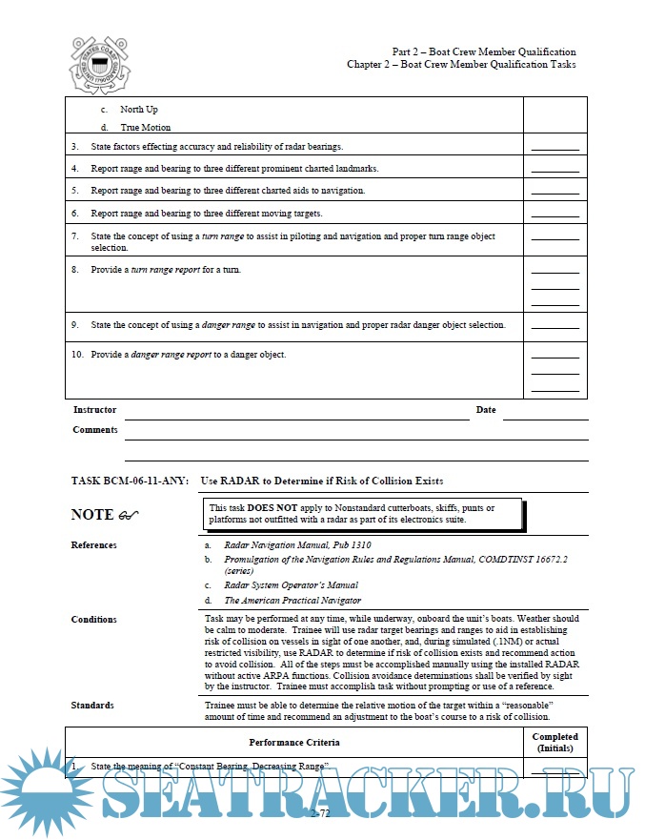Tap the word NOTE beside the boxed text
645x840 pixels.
click(93, 515)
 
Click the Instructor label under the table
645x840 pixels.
click(94, 410)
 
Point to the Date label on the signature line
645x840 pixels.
click(486, 410)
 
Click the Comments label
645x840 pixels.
click(95, 430)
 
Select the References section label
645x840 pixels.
click(94, 545)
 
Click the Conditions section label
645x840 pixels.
click(93, 620)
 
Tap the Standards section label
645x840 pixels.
click(91, 706)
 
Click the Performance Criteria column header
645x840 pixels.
click(294, 741)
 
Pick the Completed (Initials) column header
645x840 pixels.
click(554, 742)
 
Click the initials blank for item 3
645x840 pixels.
click(554, 148)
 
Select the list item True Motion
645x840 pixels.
click(146, 127)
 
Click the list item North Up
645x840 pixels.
click(139, 110)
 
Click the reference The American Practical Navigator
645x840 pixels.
click(292, 601)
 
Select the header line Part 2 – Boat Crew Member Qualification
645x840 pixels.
click(483, 51)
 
